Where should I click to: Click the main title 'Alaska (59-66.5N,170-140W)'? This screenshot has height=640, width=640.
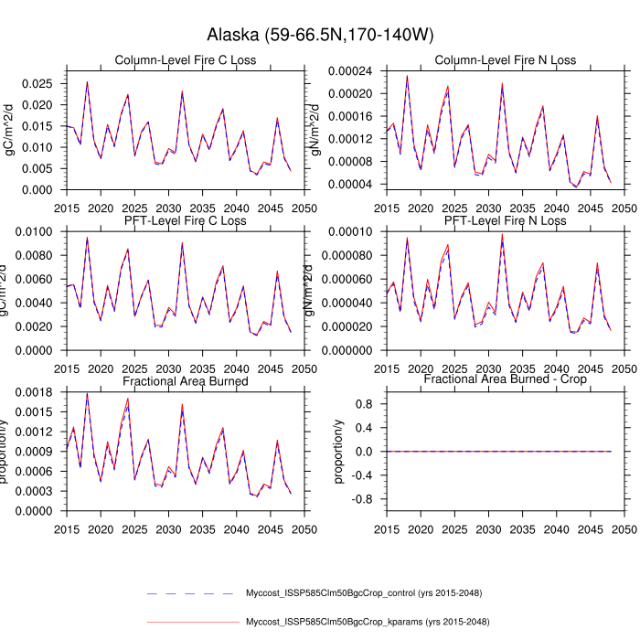pyautogui.click(x=319, y=35)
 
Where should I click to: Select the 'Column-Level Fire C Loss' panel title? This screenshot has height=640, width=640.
pyautogui.click(x=185, y=60)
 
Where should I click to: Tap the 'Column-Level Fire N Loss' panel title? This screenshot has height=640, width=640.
pyautogui.click(x=506, y=60)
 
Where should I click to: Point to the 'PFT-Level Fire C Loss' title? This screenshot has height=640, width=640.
pyautogui.click(x=185, y=220)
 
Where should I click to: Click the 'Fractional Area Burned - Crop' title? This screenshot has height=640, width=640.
pyautogui.click(x=506, y=379)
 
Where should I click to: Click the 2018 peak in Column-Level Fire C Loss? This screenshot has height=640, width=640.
pyautogui.click(x=87, y=82)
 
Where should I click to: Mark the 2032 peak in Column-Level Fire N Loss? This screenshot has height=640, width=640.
pyautogui.click(x=502, y=83)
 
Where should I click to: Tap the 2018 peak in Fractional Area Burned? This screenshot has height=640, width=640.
pyautogui.click(x=87, y=394)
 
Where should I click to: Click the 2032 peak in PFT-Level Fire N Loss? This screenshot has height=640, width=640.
pyautogui.click(x=502, y=234)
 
